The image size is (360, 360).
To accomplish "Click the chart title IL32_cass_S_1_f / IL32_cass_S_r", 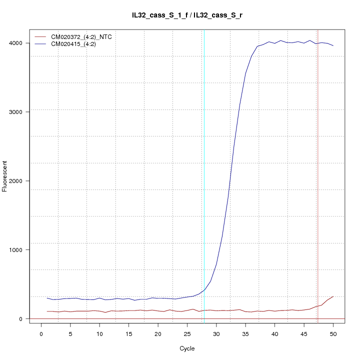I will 187,15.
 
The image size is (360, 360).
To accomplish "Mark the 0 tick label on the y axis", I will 19,319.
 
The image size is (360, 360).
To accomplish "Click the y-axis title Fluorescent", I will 5,176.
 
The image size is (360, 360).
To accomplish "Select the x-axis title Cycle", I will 187,348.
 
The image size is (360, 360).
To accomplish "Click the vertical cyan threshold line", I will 204,175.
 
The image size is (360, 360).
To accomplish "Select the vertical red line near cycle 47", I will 317,175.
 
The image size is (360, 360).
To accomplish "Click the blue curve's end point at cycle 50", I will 333,46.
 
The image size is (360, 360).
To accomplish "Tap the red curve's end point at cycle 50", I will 333,296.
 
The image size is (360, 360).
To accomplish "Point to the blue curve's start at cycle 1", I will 47,298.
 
